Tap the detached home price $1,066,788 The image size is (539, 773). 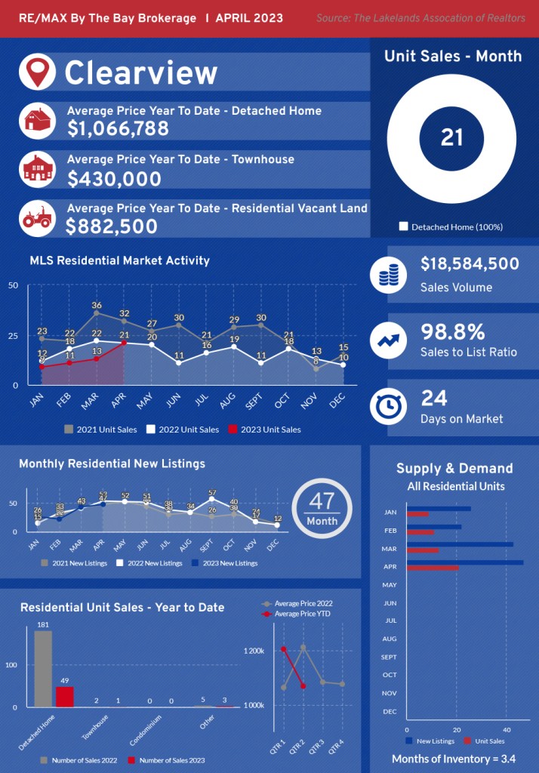(118, 129)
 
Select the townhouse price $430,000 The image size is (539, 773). (114, 179)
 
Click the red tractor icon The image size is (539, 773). (36, 218)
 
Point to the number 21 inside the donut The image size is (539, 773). (451, 137)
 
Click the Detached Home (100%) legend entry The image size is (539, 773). (451, 226)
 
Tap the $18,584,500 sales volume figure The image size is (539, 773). (470, 264)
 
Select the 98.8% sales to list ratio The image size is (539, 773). (453, 332)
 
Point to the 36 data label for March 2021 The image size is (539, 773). (97, 306)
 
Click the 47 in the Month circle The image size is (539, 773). (322, 502)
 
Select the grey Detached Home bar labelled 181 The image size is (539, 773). (43, 669)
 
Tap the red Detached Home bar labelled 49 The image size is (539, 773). (65, 696)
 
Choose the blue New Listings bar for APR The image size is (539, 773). (464, 562)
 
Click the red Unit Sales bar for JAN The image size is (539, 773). (417, 514)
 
